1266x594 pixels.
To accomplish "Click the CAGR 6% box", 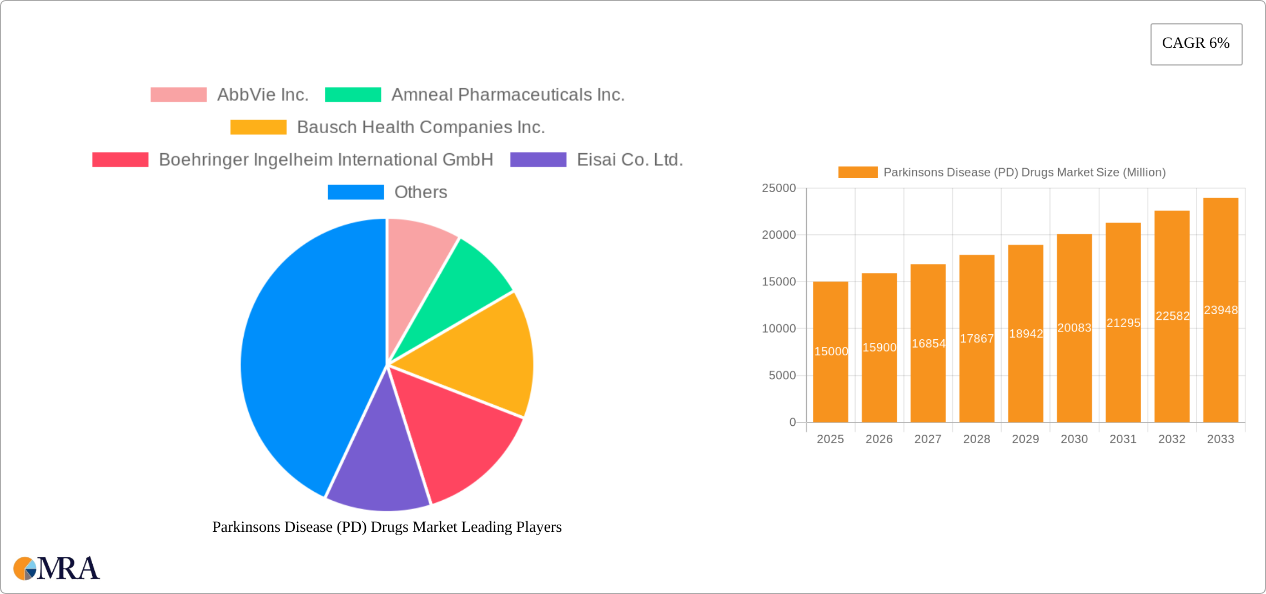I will click(1196, 44).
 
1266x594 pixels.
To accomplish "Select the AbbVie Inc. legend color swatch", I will click(178, 95).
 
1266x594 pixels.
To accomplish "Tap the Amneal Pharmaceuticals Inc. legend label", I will click(508, 95).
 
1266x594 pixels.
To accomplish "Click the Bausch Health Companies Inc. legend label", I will click(420, 127).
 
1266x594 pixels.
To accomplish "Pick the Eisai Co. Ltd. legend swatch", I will click(538, 160).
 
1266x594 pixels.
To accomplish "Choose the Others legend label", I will click(420, 192).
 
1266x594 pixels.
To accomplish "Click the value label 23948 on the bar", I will click(1220, 310).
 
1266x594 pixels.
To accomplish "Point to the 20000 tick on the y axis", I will click(778, 235).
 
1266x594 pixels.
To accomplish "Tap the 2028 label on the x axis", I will click(976, 439).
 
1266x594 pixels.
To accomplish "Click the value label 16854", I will click(928, 344).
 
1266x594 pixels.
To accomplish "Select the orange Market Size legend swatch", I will click(857, 172).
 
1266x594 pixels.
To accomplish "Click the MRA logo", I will click(57, 568).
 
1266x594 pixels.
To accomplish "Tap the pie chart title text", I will click(387, 527).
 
